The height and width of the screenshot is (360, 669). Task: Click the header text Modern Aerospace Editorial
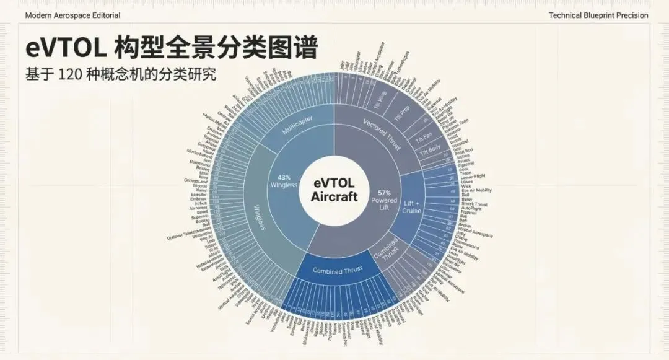(x=72, y=15)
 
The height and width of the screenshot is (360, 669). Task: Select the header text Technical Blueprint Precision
(x=598, y=15)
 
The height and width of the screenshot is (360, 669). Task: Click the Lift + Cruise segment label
(x=412, y=206)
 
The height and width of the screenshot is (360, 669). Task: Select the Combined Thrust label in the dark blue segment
(x=336, y=270)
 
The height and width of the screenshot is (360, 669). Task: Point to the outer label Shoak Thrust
(x=474, y=204)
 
